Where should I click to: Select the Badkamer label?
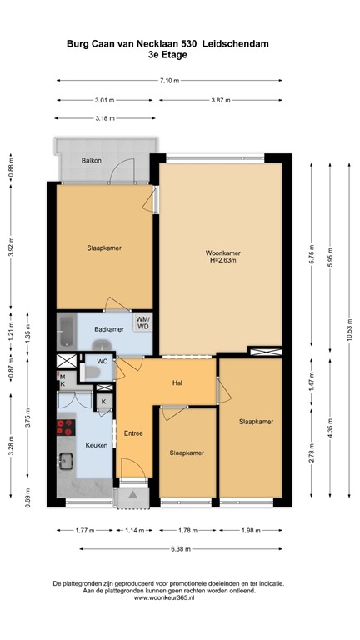(108, 329)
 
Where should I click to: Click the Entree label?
(133, 433)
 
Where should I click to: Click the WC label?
(102, 361)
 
